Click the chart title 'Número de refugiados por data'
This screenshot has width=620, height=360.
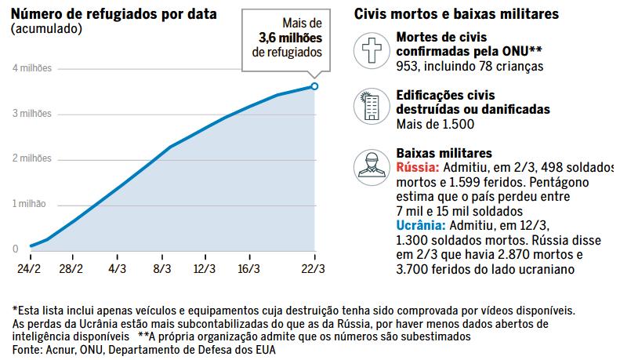point(114,14)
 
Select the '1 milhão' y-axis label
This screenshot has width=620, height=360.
point(30,204)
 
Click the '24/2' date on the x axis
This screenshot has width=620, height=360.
point(30,267)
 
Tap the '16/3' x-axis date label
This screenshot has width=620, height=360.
point(248,267)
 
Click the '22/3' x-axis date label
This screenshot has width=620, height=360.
point(314,267)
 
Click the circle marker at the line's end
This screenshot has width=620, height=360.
point(314,85)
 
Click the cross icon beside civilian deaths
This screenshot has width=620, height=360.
point(372,52)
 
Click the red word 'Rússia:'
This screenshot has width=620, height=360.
point(418,169)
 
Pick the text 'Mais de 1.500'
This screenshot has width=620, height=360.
point(433,124)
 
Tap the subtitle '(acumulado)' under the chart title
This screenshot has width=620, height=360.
point(46,28)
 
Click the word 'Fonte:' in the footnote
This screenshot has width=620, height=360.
point(28,350)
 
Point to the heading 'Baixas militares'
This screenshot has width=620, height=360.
point(444,154)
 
